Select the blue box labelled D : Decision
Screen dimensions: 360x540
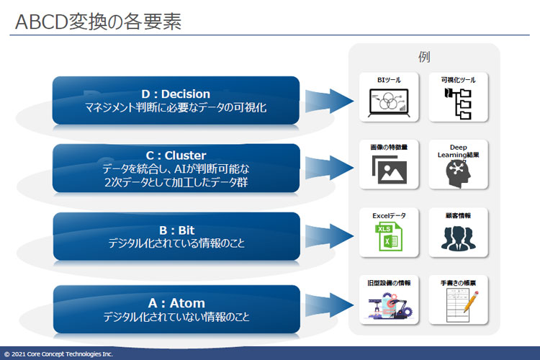tap(176, 101)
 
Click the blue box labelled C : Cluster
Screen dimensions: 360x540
tap(176, 168)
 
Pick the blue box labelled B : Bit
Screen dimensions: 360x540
tap(176, 236)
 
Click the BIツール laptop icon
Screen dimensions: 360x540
tap(389, 103)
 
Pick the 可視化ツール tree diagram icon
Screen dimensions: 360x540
tap(458, 104)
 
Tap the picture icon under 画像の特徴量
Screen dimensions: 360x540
tap(389, 171)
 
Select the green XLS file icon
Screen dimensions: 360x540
tap(388, 238)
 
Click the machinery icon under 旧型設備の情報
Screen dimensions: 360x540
tap(389, 306)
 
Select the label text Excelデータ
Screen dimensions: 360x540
tap(389, 215)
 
